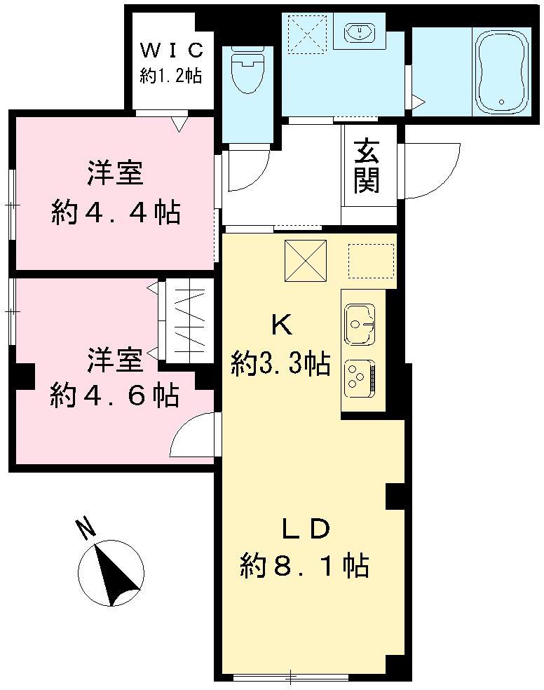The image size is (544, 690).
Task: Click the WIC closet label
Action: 171,50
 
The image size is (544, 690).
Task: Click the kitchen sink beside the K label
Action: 360,323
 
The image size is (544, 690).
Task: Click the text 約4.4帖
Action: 116,211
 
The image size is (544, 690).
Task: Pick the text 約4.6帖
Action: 114,396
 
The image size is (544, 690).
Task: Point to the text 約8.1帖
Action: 305,564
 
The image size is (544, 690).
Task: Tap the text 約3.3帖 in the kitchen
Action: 281,363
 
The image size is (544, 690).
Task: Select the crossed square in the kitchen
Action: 306,261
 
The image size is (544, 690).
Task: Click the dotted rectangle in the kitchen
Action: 371,261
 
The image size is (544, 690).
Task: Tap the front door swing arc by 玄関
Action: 429,168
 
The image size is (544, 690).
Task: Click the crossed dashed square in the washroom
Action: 306,33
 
